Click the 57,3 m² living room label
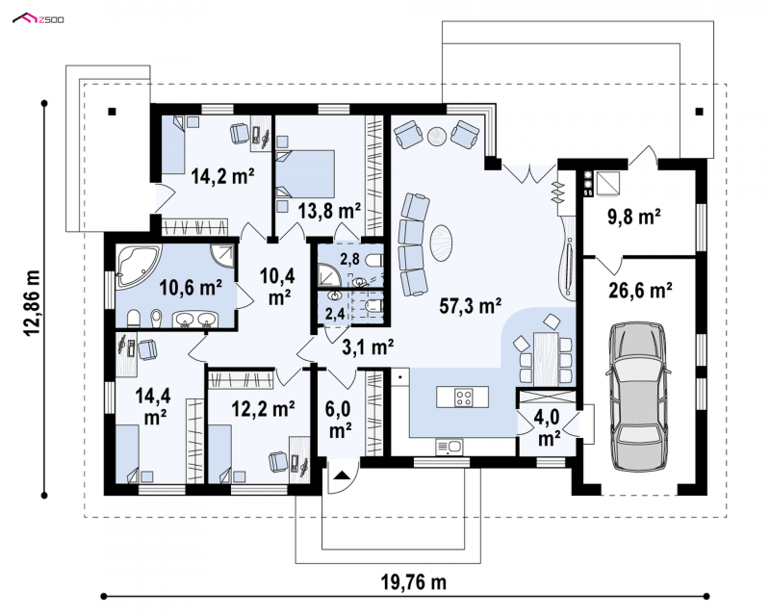(471, 306)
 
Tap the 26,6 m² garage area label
(640, 290)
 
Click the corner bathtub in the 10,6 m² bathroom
(137, 266)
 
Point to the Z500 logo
(38, 19)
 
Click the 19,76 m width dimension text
(414, 582)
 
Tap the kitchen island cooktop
(464, 397)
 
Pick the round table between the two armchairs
(437, 136)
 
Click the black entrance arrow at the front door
(343, 475)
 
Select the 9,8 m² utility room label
(634, 217)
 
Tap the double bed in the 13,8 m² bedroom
(305, 174)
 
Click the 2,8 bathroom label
(349, 258)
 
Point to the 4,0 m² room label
(549, 426)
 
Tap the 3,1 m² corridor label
(368, 347)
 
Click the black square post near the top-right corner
(699, 111)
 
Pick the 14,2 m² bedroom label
(222, 176)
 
